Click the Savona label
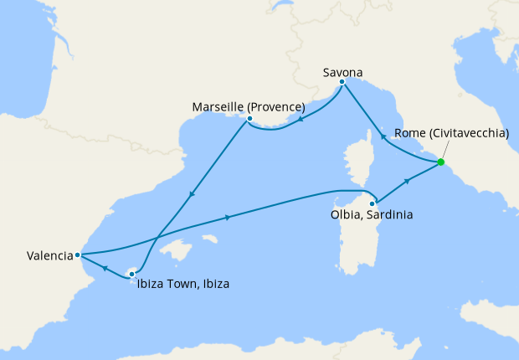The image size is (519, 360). point(342,73)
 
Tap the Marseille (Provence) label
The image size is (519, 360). point(248,107)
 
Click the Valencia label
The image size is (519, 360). point(38,256)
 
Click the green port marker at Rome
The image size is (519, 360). point(440,162)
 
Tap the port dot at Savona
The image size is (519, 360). point(342,82)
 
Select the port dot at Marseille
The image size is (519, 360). point(249,119)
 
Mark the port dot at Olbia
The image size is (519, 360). point(372,203)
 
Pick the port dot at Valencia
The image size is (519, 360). point(77,255)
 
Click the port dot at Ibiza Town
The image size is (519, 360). point(131,274)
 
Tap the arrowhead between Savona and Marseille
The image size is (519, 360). point(301,119)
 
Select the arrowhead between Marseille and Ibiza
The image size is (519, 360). point(192,194)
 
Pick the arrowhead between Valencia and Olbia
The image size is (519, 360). point(229,218)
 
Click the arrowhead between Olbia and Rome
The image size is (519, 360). point(407,180)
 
